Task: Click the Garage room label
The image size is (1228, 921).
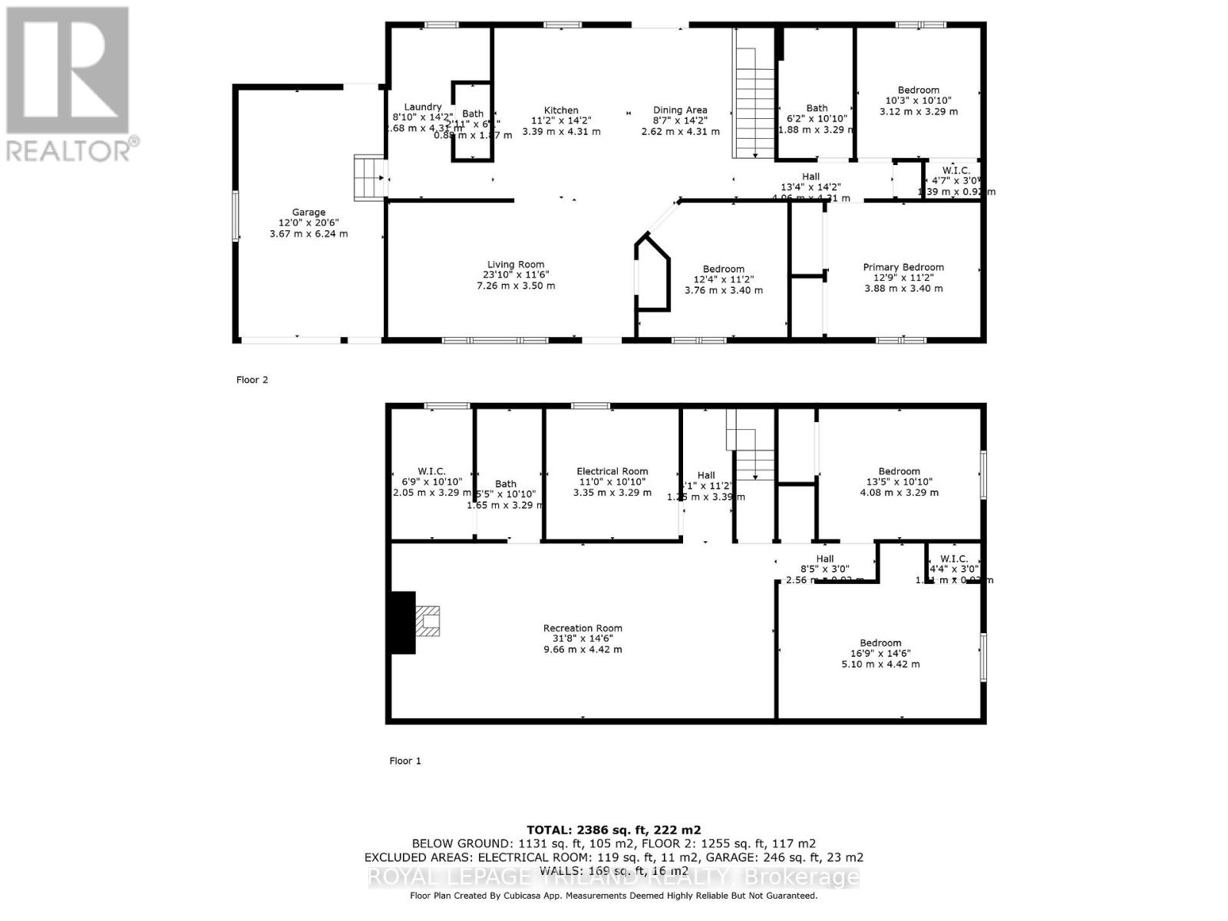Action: (309, 213)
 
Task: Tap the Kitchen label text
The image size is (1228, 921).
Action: (561, 111)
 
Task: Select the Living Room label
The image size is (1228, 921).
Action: (515, 265)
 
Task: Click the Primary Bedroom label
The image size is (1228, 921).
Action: (903, 267)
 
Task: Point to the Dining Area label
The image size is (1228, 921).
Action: (680, 111)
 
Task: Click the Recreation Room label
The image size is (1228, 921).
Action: (583, 628)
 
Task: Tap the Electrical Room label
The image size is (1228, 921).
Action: (612, 471)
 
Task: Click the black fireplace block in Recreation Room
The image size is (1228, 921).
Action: (403, 622)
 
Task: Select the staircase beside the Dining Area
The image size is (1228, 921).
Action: (755, 100)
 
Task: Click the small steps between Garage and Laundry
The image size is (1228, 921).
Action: (368, 178)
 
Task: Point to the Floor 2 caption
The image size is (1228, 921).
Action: (252, 380)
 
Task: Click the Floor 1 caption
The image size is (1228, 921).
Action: (405, 761)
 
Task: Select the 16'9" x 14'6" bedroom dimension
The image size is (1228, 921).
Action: (880, 654)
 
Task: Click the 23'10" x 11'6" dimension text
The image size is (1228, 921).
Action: (515, 275)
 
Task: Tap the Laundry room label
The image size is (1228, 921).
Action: (423, 107)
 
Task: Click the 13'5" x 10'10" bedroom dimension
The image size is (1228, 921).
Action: (899, 482)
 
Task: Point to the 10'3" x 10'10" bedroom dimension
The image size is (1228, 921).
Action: (918, 101)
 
